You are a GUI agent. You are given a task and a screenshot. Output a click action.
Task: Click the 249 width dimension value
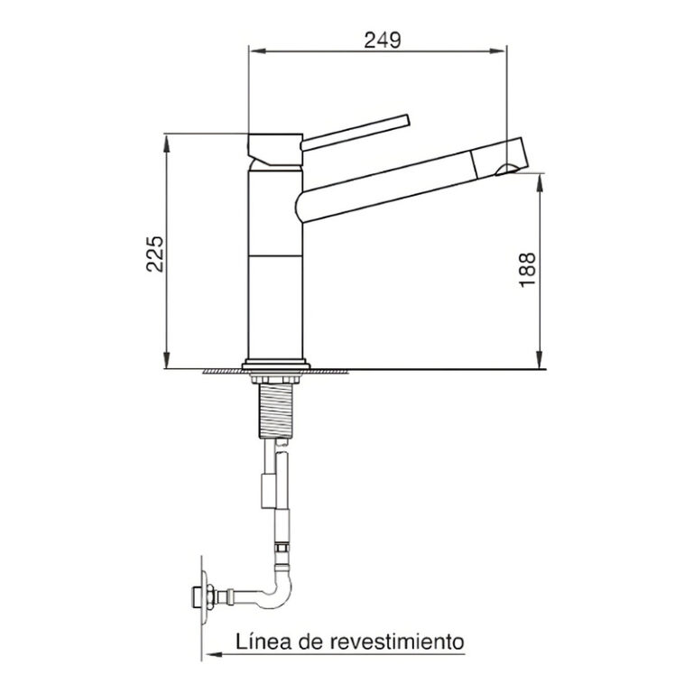(382, 39)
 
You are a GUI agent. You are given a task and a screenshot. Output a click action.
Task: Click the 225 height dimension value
(154, 254)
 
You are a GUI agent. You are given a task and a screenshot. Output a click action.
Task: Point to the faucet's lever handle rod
(356, 130)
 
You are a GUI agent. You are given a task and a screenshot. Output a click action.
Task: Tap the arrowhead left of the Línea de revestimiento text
(206, 652)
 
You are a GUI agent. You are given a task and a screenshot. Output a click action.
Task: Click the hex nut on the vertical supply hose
(282, 549)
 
